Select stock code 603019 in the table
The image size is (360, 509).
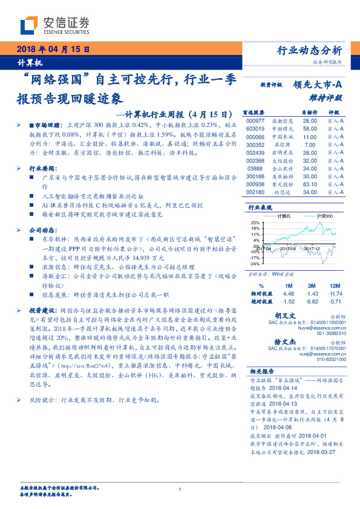click(x=255, y=128)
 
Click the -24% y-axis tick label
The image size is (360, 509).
click(x=255, y=264)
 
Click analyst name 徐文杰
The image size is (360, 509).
click(x=284, y=341)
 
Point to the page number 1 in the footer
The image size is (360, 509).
click(x=180, y=489)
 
